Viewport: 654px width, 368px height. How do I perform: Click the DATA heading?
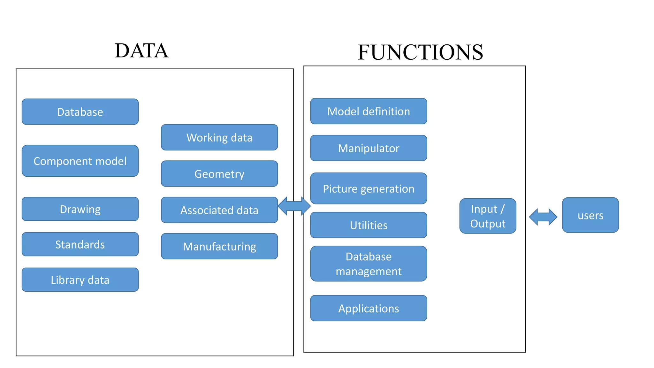141,51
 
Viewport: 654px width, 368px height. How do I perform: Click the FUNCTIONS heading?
420,52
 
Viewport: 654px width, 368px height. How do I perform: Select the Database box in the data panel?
80,112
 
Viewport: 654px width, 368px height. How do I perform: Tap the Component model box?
80,161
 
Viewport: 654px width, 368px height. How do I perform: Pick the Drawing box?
80,209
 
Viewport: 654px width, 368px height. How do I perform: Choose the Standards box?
80,244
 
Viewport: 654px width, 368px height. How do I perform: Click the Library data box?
80,280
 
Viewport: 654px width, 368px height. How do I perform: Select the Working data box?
219,138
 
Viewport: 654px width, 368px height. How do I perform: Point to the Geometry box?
219,174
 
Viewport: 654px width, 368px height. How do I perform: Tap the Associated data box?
219,210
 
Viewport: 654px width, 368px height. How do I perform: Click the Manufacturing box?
219,246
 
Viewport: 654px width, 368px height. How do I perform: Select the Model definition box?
369,111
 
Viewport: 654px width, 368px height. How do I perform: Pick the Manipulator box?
369,148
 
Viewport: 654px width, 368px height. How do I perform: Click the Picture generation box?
369,188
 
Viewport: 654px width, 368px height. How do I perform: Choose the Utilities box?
369,225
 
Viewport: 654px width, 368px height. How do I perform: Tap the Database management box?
369,264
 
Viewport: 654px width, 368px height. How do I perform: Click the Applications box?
369,308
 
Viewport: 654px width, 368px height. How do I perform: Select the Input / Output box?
488,216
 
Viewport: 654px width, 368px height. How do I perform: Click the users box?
590,215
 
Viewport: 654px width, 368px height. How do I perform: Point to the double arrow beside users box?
543,217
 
